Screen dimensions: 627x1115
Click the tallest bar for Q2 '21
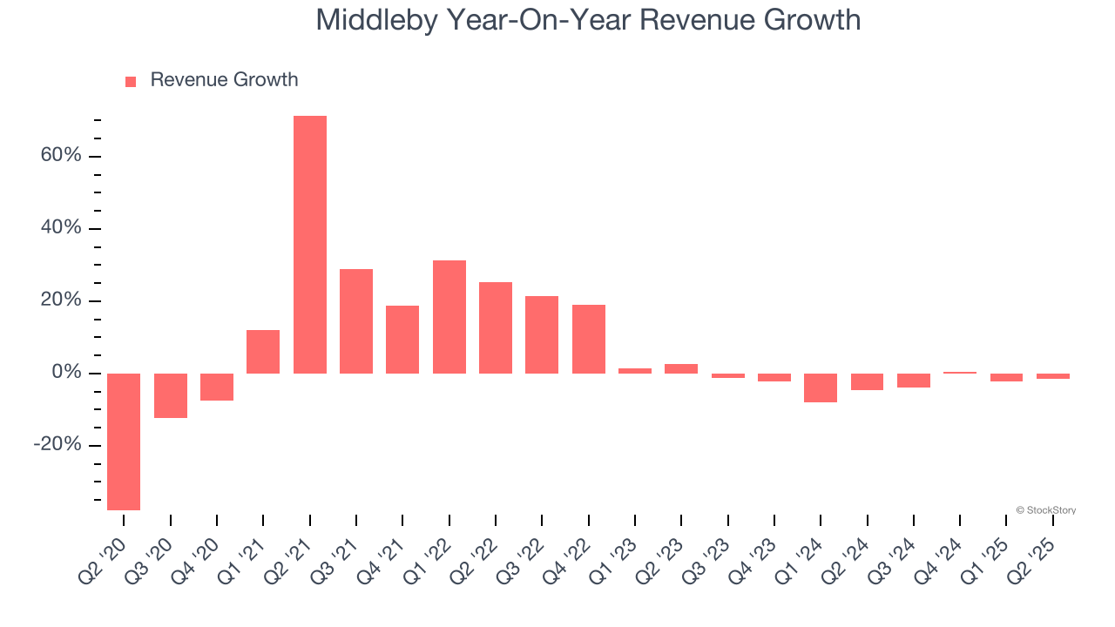coord(309,245)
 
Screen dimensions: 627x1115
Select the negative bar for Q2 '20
coord(124,442)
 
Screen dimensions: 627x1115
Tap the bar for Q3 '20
coord(171,395)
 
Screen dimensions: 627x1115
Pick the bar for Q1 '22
coord(449,317)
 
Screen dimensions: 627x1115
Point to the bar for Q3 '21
coord(356,321)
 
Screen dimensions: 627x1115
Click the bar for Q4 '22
coord(589,339)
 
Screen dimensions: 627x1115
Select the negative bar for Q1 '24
coord(821,388)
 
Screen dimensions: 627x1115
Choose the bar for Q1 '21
coord(263,352)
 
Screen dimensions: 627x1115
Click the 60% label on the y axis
coord(61,156)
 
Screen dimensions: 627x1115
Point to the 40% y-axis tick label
coord(61,228)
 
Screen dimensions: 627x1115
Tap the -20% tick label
coord(57,445)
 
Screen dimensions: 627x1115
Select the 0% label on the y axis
coord(66,373)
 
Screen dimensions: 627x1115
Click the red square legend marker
coord(131,82)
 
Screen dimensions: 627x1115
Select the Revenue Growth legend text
coord(224,80)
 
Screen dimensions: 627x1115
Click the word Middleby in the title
coord(378,19)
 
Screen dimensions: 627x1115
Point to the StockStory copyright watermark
coord(1045,510)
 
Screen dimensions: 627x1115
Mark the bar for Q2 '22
coord(496,327)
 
